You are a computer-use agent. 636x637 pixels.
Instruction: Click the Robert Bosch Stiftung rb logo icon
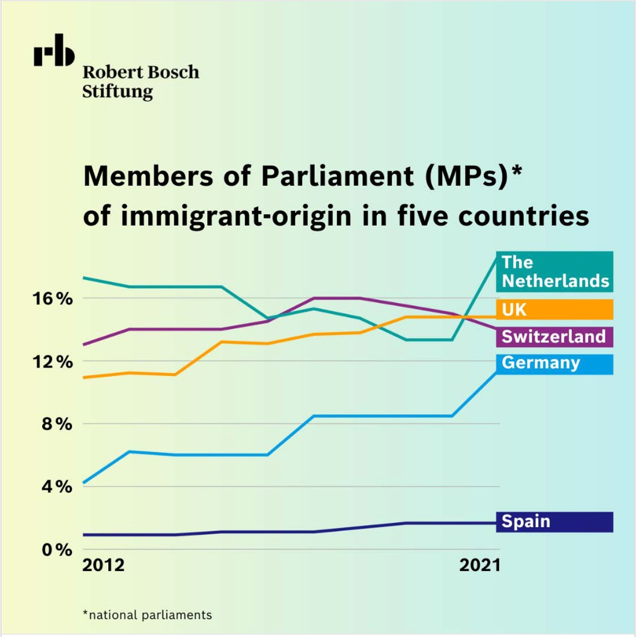54,53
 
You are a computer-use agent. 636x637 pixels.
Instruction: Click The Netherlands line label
555,271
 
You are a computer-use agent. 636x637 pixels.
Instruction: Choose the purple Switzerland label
553,336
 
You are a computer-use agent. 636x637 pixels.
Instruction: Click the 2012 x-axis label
103,566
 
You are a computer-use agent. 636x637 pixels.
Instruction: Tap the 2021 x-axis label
480,566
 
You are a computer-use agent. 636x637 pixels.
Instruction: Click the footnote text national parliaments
147,615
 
